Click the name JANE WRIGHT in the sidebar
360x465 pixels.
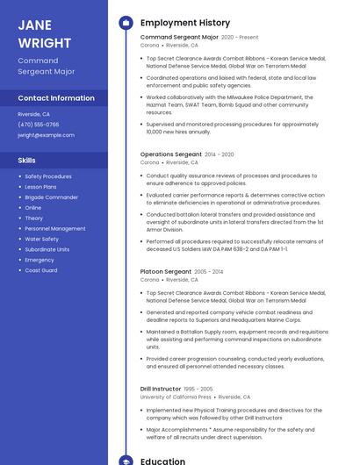pos(45,33)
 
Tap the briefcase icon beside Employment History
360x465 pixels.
pos(126,22)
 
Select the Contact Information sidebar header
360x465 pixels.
pos(56,98)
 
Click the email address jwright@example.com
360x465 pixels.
pos(46,135)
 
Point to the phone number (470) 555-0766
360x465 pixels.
pos(39,125)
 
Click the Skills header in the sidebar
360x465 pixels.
pos(26,161)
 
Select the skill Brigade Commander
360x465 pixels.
pos(51,197)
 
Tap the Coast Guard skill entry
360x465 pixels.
pos(40,270)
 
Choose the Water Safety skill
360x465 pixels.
pos(41,239)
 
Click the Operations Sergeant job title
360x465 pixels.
pos(170,154)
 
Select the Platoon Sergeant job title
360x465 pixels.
pos(165,272)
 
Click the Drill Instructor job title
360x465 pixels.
pos(161,389)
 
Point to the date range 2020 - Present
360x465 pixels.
pos(240,38)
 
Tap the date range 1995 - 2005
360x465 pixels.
pos(198,389)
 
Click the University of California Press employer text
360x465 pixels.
pos(175,397)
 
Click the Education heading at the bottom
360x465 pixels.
pos(163,461)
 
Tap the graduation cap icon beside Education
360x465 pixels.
pos(126,461)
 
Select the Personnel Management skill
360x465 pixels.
pos(55,228)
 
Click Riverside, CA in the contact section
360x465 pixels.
pos(33,114)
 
